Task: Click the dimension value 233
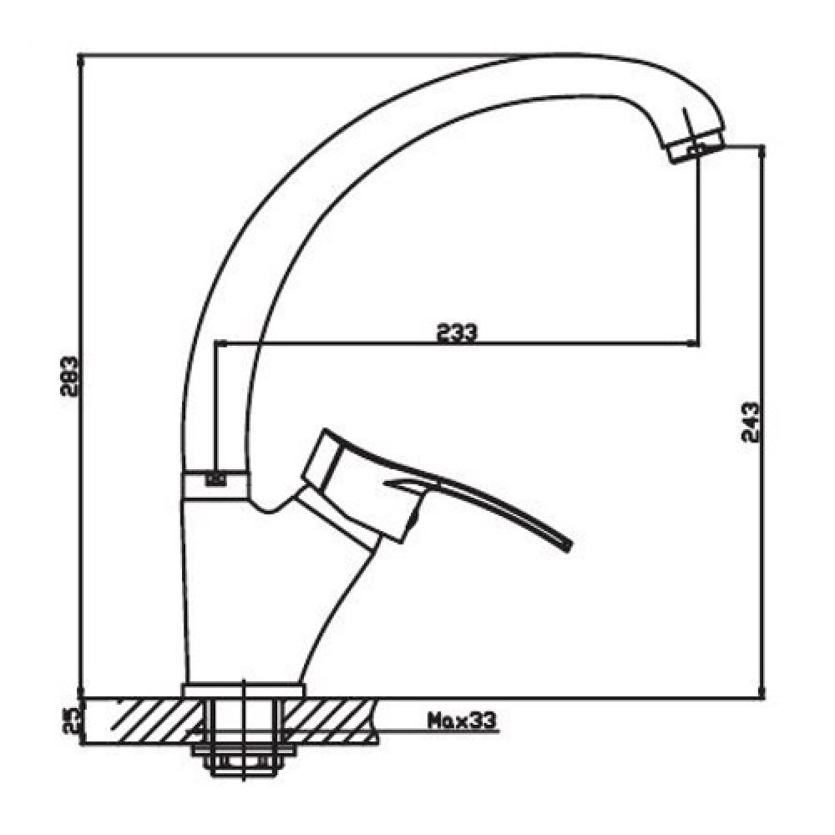pyautogui.click(x=458, y=333)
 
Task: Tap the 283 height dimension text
pyautogui.click(x=69, y=376)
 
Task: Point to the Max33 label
pyautogui.click(x=462, y=721)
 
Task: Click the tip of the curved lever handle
pyautogui.click(x=568, y=545)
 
